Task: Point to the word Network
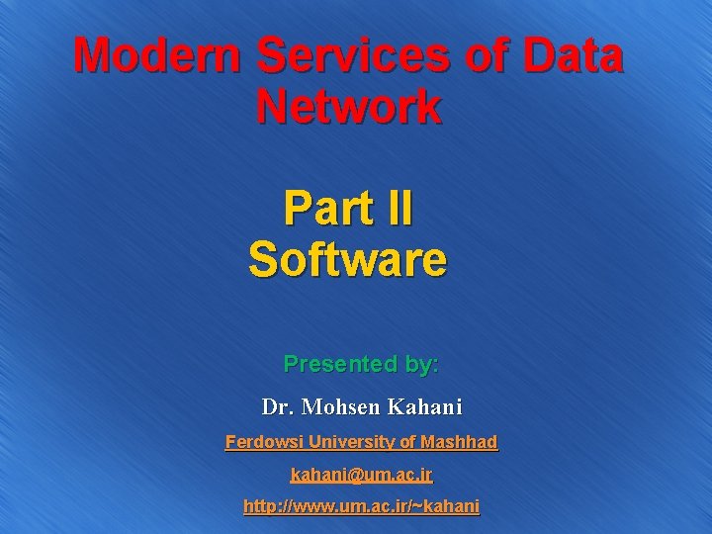[x=348, y=107]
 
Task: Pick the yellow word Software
[x=348, y=259]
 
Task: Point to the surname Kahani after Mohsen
[x=426, y=406]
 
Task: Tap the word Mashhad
[x=459, y=442]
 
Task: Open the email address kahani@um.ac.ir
[x=362, y=475]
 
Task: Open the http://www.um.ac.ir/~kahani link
[x=362, y=506]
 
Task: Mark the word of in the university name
[x=407, y=442]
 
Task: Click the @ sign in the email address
[x=349, y=475]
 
